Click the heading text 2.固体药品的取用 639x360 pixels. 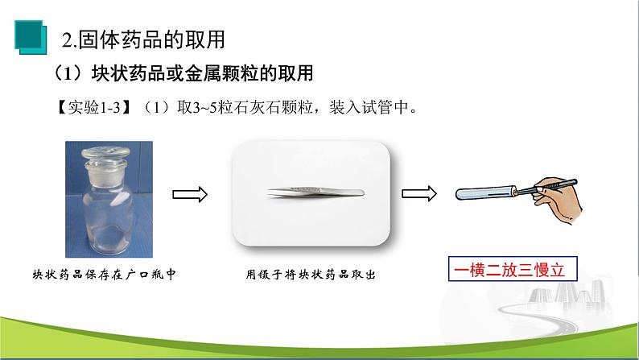pos(143,37)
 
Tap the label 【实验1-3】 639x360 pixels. pos(86,108)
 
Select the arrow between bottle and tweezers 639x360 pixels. pos(191,193)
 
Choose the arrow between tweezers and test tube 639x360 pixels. pos(419,193)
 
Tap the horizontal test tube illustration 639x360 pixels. pos(483,192)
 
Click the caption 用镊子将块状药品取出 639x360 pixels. pos(311,275)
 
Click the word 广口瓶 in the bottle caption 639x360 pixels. pos(142,275)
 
